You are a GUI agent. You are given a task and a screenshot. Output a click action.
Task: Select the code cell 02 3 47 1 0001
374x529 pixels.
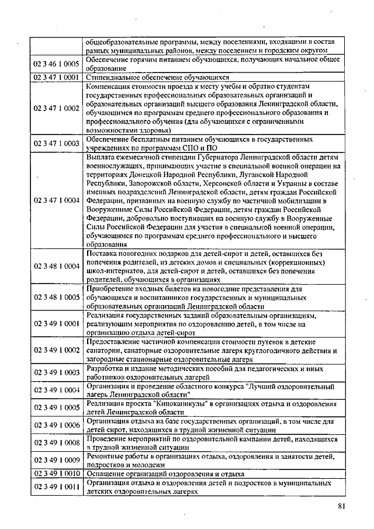56,77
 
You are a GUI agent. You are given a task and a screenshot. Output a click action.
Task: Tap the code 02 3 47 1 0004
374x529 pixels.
56,200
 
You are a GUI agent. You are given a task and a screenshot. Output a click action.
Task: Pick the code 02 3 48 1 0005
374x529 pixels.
56,297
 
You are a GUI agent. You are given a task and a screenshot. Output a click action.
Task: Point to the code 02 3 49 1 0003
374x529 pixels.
56,372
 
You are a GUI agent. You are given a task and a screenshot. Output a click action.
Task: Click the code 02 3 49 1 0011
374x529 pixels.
56,486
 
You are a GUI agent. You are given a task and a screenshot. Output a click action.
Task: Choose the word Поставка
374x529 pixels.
102,254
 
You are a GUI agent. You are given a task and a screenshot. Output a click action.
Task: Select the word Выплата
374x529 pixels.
101,158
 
